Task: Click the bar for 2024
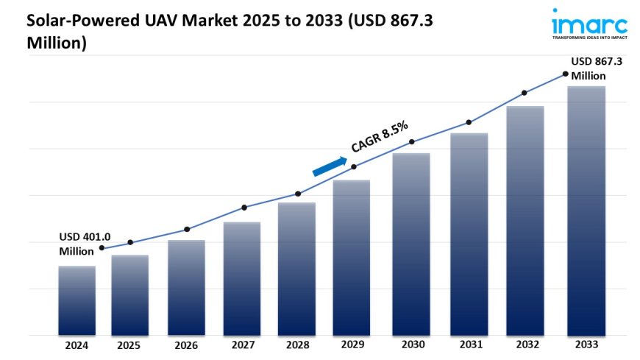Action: pyautogui.click(x=77, y=300)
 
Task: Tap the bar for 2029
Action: pyautogui.click(x=352, y=258)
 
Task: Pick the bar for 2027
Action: pyautogui.click(x=242, y=278)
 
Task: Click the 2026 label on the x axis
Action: pyautogui.click(x=186, y=345)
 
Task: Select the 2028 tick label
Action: pyautogui.click(x=296, y=345)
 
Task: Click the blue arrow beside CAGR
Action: pyautogui.click(x=330, y=166)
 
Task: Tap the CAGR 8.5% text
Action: pyautogui.click(x=380, y=138)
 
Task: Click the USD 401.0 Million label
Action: pyautogui.click(x=84, y=244)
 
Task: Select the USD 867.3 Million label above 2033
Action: pyautogui.click(x=596, y=68)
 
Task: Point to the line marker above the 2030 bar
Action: pyautogui.click(x=412, y=141)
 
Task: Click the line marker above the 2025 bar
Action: pyautogui.click(x=130, y=242)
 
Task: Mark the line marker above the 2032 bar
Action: pyautogui.click(x=525, y=93)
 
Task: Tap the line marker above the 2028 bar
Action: pyautogui.click(x=298, y=194)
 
